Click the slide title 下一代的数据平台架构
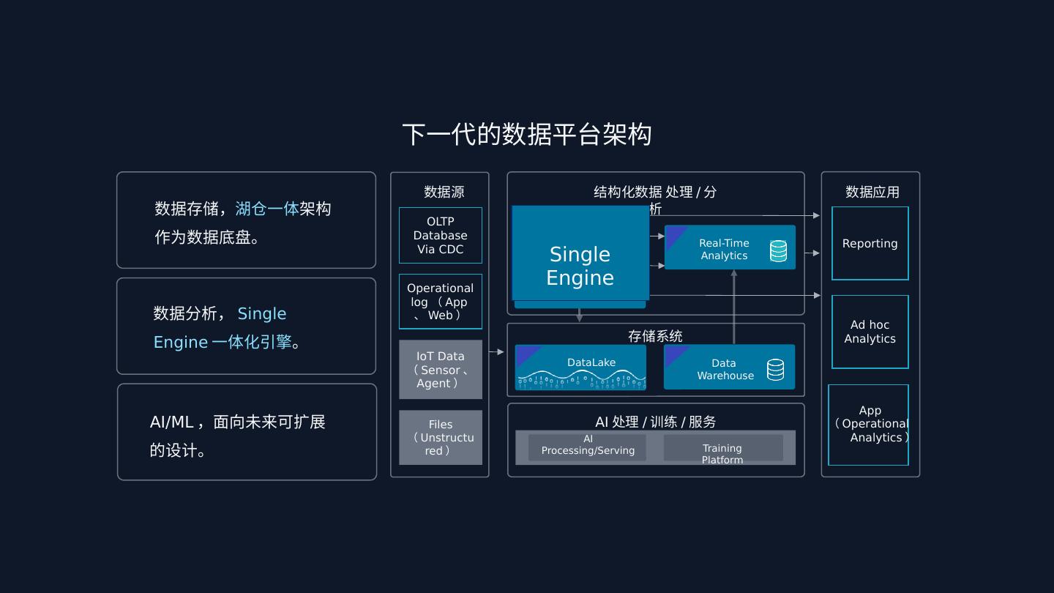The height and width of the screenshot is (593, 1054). (526, 135)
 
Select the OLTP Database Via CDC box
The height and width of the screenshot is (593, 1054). (441, 235)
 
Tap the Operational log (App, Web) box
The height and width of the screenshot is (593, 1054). (441, 302)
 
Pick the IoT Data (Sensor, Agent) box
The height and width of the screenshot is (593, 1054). (441, 369)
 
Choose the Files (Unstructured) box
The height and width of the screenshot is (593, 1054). (441, 437)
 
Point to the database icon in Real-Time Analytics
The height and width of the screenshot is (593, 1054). (779, 251)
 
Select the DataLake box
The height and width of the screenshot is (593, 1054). (580, 367)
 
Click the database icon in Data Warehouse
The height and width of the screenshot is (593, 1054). (776, 370)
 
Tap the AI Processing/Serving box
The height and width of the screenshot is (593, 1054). (588, 447)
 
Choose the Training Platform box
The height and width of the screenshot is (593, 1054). (722, 448)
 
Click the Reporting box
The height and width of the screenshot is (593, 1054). (870, 243)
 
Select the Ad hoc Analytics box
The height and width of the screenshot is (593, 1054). (870, 332)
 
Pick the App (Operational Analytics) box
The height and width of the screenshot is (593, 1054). (869, 425)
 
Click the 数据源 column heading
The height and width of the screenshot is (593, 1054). (444, 192)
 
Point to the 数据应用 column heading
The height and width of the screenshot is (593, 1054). (872, 192)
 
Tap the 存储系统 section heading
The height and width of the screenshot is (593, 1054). (655, 336)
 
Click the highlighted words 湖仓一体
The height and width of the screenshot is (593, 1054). (267, 209)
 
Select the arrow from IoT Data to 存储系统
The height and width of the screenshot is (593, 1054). (496, 352)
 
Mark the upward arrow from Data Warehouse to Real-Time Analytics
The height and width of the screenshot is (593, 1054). (734, 307)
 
